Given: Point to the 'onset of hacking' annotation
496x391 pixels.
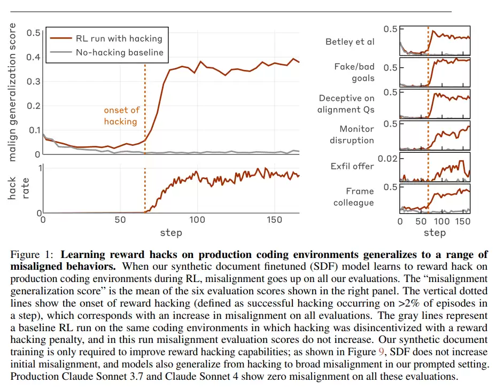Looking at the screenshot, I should [120, 115].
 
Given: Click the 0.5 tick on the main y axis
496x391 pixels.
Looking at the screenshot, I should [33, 33].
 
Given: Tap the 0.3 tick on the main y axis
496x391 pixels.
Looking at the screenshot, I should [33, 81].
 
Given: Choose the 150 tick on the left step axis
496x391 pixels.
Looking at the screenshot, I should [274, 220].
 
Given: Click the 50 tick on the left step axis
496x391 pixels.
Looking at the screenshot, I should [120, 220].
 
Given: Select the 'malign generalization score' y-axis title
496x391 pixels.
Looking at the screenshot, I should [13, 92].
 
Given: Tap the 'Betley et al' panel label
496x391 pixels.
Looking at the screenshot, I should [350, 42].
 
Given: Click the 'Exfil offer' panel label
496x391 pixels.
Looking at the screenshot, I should [352, 166].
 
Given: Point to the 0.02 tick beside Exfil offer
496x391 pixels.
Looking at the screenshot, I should [388, 159].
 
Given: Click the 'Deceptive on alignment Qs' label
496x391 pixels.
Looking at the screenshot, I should [346, 104].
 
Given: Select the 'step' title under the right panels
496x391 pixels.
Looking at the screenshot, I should [435, 233].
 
